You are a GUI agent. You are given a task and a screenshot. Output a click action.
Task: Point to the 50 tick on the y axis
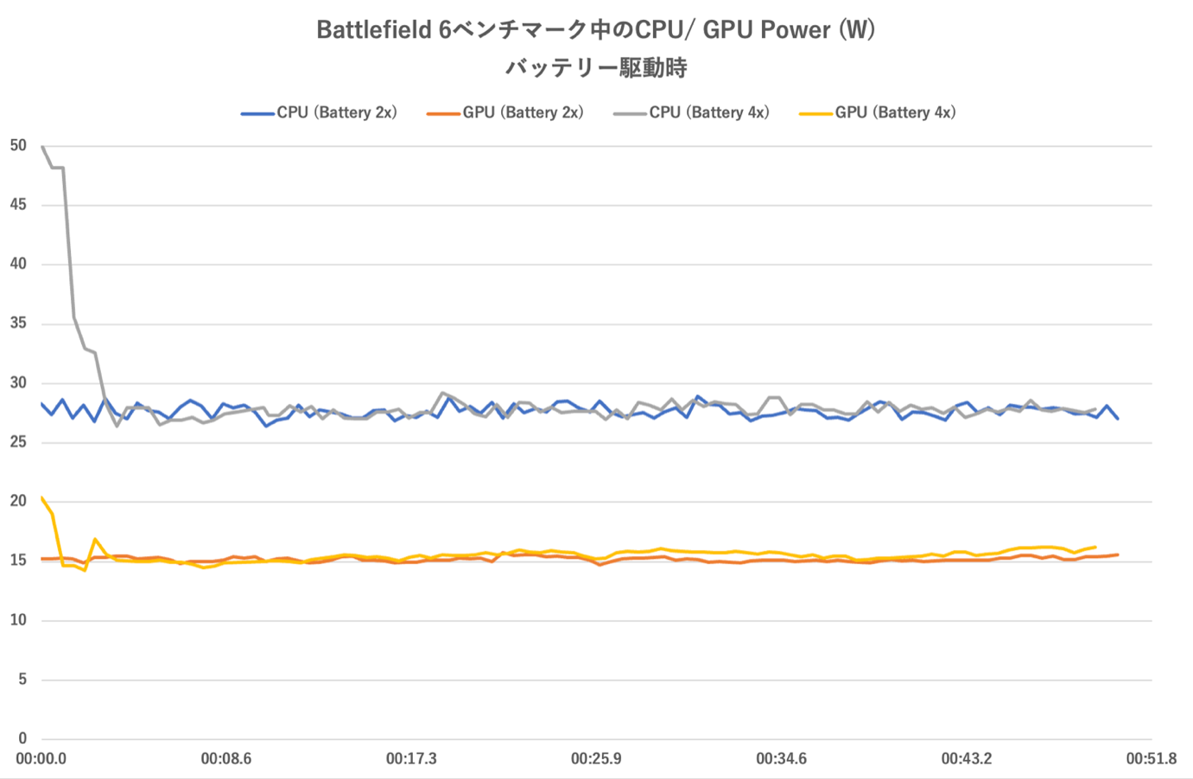[18, 146]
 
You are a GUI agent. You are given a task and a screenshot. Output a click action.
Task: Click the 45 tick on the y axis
[18, 205]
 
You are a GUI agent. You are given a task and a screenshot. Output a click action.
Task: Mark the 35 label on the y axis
[18, 324]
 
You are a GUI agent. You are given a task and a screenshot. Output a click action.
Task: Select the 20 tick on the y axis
[18, 502]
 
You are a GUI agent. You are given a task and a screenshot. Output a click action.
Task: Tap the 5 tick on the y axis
[22, 680]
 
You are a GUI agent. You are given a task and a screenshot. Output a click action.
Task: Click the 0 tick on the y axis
[22, 738]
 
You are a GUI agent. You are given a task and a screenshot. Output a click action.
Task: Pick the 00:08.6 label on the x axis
[226, 759]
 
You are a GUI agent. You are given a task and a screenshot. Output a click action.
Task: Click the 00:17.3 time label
[411, 759]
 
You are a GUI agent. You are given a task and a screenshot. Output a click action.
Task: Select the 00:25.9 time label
[596, 759]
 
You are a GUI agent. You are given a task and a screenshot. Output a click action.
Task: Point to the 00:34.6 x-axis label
[781, 759]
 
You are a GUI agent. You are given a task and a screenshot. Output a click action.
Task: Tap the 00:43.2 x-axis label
[967, 759]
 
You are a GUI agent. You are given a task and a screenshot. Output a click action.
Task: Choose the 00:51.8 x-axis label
[1151, 759]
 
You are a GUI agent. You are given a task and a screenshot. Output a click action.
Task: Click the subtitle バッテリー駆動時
[596, 68]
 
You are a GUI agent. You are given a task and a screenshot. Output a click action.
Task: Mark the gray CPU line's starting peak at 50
[42, 147]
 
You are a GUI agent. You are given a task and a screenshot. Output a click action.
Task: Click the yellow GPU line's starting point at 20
[42, 498]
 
